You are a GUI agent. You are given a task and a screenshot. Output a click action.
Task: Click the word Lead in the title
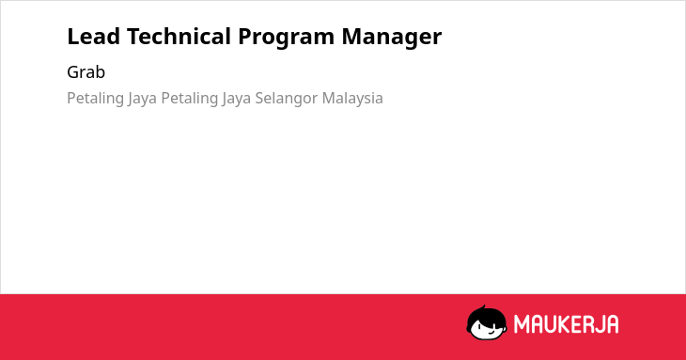click(94, 37)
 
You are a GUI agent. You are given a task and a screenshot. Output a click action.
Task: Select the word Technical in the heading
click(179, 37)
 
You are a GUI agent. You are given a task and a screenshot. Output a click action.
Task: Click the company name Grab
click(86, 72)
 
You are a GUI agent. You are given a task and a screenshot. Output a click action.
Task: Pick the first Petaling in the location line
click(95, 99)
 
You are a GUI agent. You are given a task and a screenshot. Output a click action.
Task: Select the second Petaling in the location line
click(190, 99)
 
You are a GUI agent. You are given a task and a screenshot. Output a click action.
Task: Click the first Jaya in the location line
click(142, 99)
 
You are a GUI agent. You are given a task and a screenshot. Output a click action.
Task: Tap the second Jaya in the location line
click(236, 99)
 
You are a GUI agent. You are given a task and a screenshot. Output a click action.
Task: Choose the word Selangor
click(287, 99)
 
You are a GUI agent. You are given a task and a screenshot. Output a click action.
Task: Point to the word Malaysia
click(352, 99)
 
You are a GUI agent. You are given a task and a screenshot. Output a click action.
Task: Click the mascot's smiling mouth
click(491, 331)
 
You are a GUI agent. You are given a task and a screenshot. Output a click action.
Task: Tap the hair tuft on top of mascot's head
click(483, 308)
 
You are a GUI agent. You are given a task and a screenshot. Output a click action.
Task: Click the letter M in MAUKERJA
click(522, 324)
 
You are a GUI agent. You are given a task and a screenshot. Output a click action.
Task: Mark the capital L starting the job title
click(73, 37)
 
